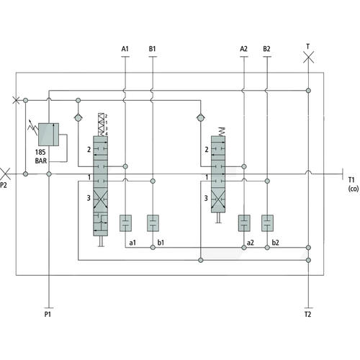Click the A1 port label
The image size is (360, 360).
coord(125,49)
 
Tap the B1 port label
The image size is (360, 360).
coord(153,49)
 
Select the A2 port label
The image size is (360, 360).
coord(243,49)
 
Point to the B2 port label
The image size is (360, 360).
coord(266,49)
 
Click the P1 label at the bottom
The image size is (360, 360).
coord(48,314)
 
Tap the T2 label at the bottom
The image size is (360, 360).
coord(307,314)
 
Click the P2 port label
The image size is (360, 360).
coord(4,185)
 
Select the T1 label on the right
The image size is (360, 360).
coord(351,180)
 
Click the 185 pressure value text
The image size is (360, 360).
coord(40,152)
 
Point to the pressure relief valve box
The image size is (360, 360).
coord(48,135)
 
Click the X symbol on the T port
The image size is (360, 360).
coord(308,58)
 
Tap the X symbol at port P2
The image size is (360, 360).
coord(5,174)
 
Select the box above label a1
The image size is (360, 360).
coord(125,223)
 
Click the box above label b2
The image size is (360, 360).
coord(267,223)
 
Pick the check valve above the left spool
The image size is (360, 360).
coord(78,118)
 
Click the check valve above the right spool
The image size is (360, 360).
coord(201,118)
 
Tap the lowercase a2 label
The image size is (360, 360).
coord(251,243)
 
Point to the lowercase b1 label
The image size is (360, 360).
coord(161,243)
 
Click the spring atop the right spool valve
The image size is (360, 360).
coord(222,132)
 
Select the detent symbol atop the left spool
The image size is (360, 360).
coord(102,125)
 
